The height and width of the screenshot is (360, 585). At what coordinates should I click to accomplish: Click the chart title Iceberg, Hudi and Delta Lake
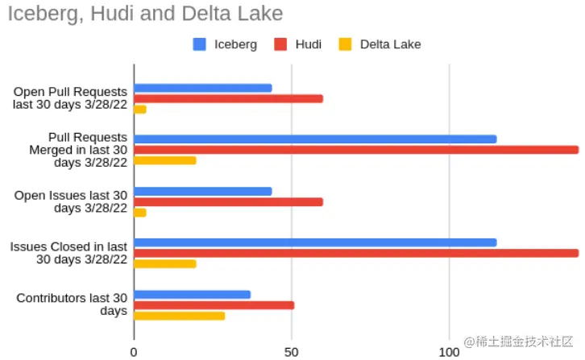[145, 14]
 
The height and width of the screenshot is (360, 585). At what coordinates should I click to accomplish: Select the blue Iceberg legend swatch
[200, 44]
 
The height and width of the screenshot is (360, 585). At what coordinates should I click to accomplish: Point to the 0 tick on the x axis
[134, 351]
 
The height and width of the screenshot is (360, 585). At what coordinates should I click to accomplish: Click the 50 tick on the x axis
[292, 351]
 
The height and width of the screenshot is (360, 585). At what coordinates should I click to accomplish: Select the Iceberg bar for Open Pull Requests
[202, 88]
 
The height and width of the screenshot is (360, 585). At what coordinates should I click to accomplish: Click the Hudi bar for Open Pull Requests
[228, 98]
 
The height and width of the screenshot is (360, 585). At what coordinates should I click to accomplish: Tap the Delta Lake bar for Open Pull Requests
[140, 109]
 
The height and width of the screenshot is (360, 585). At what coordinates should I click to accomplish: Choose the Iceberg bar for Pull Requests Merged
[315, 139]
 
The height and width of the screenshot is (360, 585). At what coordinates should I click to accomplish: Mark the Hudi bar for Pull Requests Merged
[356, 150]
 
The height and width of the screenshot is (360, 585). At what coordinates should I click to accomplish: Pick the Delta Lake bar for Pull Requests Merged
[165, 160]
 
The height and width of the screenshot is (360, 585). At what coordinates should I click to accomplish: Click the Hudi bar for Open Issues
[228, 201]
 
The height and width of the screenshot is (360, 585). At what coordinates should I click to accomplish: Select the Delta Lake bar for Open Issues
[140, 213]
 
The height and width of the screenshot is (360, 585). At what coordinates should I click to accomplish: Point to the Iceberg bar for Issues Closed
[315, 242]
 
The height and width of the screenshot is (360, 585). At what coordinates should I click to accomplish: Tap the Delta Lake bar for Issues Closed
[165, 263]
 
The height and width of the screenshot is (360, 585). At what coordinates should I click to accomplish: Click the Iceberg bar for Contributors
[192, 295]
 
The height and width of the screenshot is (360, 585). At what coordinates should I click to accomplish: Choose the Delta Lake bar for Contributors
[179, 316]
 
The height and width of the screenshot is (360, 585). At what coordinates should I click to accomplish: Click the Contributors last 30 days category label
[72, 304]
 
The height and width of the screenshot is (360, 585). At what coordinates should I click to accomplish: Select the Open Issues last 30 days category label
[72, 201]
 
